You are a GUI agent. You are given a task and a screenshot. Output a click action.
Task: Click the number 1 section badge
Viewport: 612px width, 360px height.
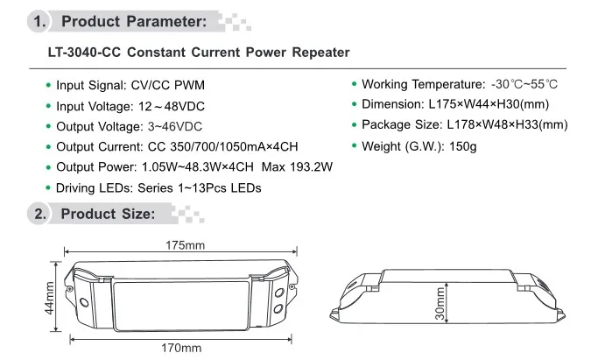tap(39, 21)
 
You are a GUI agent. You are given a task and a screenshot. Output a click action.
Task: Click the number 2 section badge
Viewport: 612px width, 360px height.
tap(39, 214)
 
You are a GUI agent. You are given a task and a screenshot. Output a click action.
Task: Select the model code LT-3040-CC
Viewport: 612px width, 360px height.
tap(84, 53)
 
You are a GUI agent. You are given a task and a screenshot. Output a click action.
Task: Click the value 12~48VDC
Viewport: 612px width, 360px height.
tap(172, 106)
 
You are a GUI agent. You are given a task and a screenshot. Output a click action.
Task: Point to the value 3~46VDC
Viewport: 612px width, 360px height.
tap(175, 126)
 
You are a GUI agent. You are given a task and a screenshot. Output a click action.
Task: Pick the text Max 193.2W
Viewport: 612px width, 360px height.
tap(297, 167)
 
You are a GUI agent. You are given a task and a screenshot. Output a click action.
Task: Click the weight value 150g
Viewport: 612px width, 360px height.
tap(463, 146)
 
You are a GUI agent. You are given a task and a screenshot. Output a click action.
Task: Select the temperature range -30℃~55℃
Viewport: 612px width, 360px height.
tap(524, 84)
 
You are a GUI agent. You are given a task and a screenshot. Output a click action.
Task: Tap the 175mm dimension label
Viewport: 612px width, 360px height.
tap(185, 245)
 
